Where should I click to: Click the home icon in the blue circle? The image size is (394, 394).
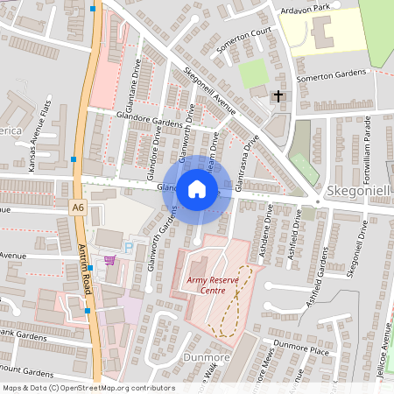click(x=197, y=188)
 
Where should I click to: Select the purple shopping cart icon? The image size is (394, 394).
click(x=109, y=260)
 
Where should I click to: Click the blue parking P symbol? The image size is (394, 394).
click(x=130, y=249)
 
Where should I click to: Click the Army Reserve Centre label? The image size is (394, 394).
click(x=214, y=285)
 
